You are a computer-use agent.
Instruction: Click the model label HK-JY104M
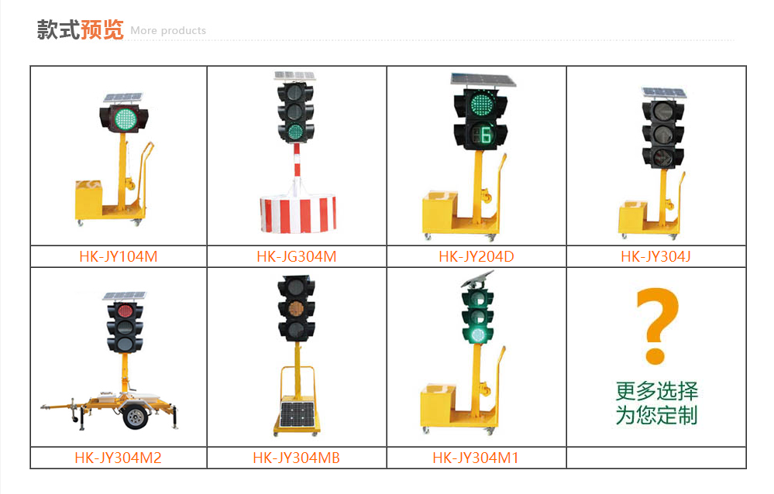(119, 256)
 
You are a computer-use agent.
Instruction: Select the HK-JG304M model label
(297, 256)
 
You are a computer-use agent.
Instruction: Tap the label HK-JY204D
(476, 256)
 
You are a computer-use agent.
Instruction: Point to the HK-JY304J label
(656, 256)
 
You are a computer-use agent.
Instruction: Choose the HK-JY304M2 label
(118, 458)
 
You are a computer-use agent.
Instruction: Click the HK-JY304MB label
(296, 458)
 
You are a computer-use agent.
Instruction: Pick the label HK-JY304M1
(476, 458)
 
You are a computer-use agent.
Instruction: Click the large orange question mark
(657, 326)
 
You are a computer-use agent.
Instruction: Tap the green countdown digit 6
(487, 135)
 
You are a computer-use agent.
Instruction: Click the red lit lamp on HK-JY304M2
(125, 311)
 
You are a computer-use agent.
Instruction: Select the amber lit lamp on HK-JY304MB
(296, 308)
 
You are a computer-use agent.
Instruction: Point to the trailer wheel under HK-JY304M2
(136, 417)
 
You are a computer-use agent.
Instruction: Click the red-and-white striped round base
(298, 214)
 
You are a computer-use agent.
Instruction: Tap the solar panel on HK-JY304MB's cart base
(298, 414)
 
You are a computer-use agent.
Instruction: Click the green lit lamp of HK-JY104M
(125, 118)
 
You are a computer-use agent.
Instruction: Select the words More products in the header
(168, 31)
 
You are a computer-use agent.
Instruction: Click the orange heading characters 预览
(101, 29)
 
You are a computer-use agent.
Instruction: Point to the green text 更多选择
(656, 391)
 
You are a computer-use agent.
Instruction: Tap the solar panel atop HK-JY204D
(483, 80)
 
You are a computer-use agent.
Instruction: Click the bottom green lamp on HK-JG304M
(295, 132)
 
